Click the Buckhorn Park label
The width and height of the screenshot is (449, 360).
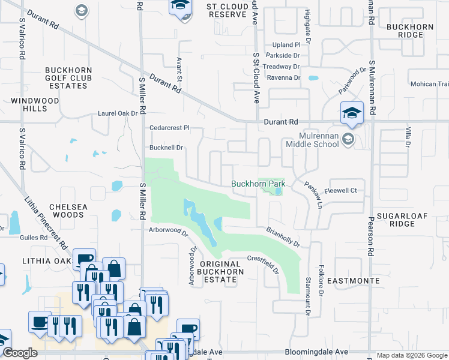(258, 183)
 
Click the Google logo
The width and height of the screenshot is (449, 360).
(20, 353)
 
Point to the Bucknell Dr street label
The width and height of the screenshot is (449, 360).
(166, 147)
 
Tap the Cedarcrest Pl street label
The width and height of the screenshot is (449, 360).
(169, 128)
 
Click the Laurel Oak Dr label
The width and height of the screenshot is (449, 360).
(118, 113)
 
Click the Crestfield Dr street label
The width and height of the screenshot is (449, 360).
(264, 264)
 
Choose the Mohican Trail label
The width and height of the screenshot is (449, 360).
(429, 84)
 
